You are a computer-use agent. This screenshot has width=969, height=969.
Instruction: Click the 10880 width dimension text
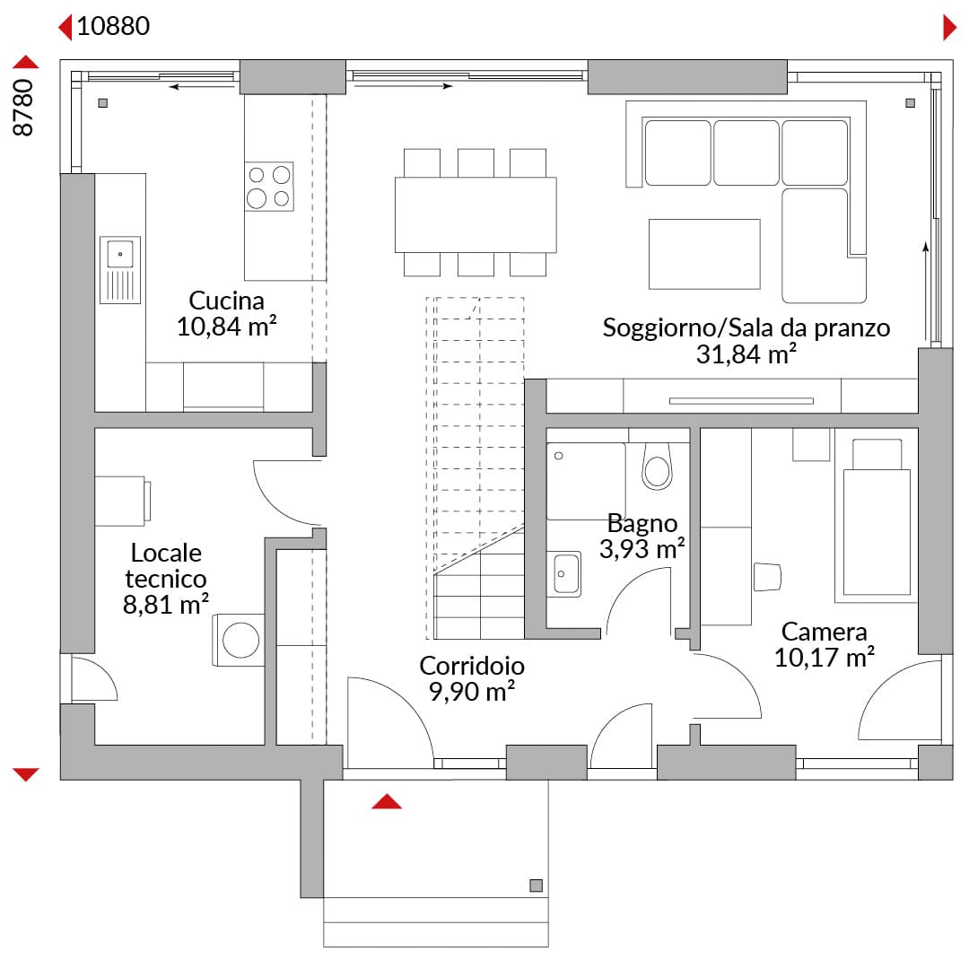point(113,26)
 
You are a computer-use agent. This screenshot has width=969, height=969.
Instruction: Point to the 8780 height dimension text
point(22,107)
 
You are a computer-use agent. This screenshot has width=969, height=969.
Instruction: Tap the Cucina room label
point(226,301)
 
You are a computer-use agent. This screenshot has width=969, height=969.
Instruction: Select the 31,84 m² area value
point(746,354)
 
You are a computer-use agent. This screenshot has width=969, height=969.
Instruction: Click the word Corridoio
point(472,666)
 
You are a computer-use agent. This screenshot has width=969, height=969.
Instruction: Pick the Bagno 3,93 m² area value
point(642,548)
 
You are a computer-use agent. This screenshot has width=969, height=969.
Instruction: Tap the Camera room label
point(824,631)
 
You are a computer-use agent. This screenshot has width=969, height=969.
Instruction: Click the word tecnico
point(166,579)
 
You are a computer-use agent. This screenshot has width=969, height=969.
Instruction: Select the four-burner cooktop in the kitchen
point(269,187)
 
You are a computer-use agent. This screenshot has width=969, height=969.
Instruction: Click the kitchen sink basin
point(120,254)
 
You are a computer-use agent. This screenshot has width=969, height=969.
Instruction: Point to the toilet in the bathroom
point(657,467)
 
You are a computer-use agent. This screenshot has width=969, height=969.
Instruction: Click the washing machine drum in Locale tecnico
point(240,640)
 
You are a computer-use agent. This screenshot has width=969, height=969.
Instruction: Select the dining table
point(476,214)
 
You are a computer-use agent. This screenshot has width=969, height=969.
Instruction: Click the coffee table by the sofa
point(704,254)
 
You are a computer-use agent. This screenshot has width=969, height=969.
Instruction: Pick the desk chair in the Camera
point(767,577)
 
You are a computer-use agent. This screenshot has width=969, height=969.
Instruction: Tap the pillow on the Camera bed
point(877,454)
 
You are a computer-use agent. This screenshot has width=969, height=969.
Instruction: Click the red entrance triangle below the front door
point(387,801)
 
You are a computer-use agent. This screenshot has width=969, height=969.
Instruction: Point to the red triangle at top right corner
point(950,28)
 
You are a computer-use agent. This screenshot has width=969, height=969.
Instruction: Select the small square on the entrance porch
point(536,886)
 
